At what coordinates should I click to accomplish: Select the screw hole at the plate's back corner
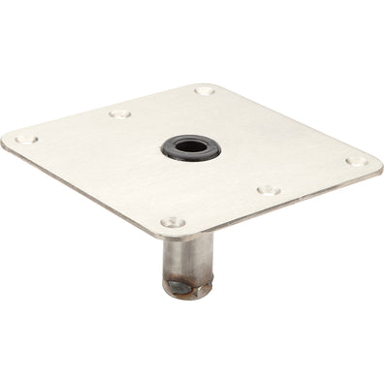(x=204, y=90)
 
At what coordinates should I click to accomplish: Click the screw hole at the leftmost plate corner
(x=25, y=139)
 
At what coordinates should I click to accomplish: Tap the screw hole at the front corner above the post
(x=173, y=222)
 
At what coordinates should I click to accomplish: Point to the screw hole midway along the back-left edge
(x=119, y=112)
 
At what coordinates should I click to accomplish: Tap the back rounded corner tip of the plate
(x=209, y=82)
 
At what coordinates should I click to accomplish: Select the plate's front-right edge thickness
(x=281, y=205)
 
